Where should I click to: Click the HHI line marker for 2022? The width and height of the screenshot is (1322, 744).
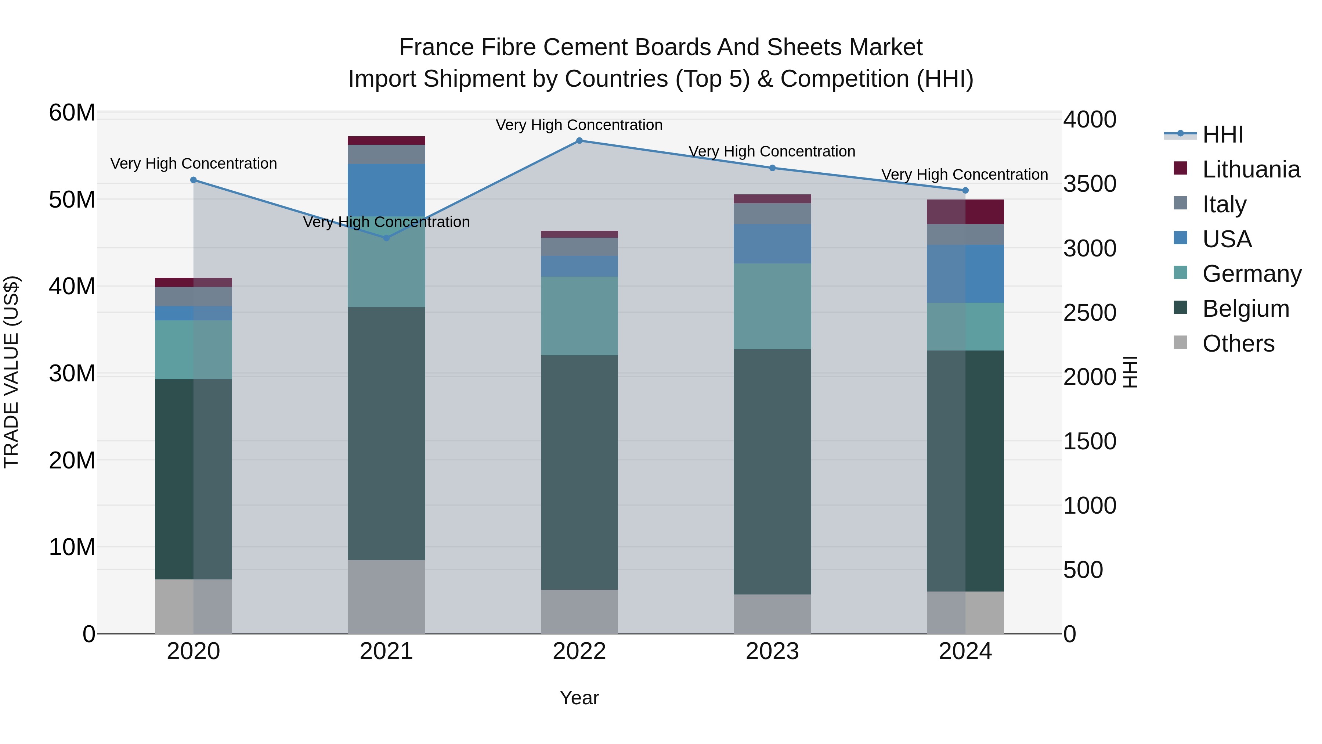pos(579,141)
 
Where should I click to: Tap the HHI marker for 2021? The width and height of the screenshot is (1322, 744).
pos(386,238)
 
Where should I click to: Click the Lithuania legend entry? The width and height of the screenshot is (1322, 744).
pos(1251,169)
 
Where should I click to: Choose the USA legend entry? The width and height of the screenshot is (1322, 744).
pos(1227,239)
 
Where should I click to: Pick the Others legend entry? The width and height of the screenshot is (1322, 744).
pos(1238,344)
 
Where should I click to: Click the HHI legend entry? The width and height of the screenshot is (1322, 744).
pos(1222,134)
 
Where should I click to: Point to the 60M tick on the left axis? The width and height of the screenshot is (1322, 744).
pos(72,112)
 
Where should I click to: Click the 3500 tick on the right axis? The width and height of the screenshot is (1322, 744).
pos(1089,184)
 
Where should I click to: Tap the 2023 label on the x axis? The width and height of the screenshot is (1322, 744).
pos(772,651)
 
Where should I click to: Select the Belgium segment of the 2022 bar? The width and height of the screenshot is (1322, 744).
pos(579,472)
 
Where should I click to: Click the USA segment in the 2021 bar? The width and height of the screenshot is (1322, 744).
pos(386,190)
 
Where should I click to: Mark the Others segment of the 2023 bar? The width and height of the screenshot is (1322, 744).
pos(772,614)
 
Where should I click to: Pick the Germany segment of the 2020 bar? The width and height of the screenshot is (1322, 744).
pos(194,350)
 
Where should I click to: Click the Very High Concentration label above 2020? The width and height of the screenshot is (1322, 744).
pos(194,163)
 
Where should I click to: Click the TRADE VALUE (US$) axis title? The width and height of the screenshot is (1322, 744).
pos(11,372)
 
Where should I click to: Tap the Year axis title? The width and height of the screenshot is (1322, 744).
pos(579,698)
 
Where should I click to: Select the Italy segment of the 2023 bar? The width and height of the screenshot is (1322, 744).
pos(772,213)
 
